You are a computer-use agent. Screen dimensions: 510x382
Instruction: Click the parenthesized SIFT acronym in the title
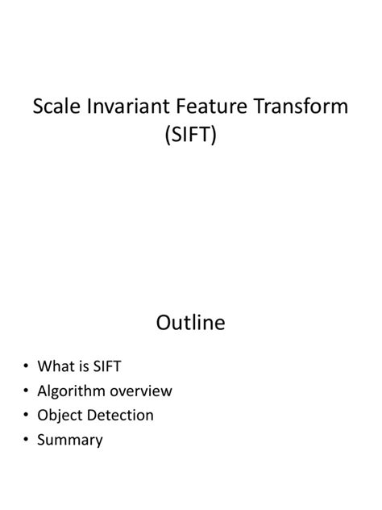point(191,136)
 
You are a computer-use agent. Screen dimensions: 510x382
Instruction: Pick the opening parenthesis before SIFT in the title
point(167,137)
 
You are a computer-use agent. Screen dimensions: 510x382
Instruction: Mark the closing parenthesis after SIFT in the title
point(215,137)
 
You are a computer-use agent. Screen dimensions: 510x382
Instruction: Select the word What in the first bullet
point(56,366)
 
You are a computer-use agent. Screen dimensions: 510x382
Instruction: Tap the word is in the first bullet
point(84,366)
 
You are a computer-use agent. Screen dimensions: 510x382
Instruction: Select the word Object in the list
point(60,416)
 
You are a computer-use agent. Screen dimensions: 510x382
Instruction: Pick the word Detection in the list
point(120,416)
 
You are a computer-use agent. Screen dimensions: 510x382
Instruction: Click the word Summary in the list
point(70,440)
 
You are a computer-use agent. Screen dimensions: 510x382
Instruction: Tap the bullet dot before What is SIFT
point(26,367)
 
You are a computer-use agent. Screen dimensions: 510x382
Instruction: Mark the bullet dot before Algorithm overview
point(26,391)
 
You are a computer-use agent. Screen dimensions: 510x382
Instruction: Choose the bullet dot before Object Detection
point(26,416)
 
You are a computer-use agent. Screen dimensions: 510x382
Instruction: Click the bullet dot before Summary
point(26,441)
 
